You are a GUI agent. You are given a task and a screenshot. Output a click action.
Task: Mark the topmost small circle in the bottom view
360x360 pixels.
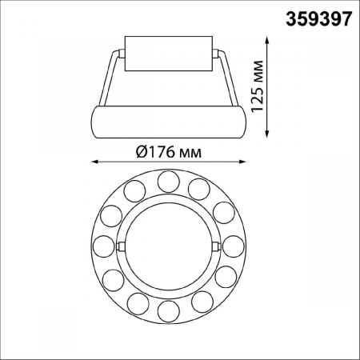167,181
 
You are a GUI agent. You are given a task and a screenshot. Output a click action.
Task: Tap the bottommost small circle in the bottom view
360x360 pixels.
167,310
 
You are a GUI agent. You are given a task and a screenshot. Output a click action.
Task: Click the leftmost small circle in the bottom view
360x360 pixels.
103,245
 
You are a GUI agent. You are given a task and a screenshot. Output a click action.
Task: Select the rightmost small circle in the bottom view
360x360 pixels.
232,245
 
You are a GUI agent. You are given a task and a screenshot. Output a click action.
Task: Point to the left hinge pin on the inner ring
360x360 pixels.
119,246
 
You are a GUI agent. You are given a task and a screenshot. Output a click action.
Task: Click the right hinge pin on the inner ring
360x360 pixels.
216,246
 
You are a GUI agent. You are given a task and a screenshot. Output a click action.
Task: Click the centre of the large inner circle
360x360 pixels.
167,245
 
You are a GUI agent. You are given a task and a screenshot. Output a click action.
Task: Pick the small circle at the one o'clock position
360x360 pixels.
200,190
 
